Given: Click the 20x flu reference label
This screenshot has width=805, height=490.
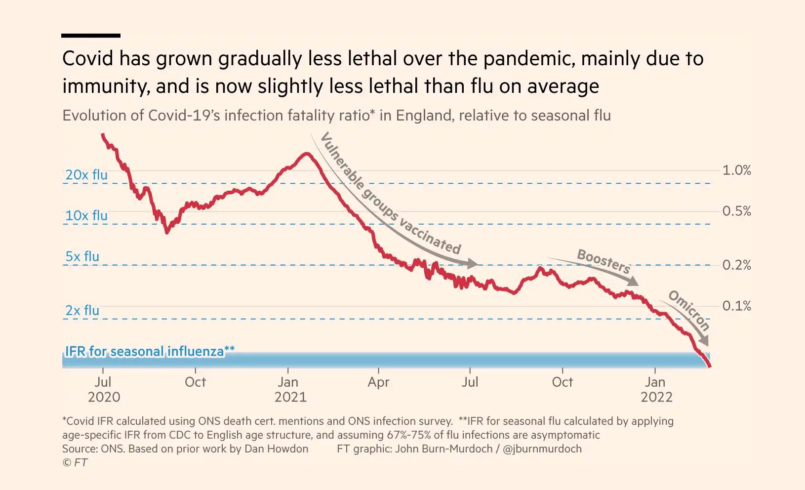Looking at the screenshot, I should tap(86, 175).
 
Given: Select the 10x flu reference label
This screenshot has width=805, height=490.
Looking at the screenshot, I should tap(86, 216).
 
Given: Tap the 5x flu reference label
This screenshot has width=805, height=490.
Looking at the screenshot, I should tap(82, 257).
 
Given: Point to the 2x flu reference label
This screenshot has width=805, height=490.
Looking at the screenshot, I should tap(82, 311).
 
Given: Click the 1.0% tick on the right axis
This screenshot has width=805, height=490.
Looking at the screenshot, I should tap(736, 170).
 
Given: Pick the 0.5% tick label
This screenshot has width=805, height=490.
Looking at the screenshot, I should tap(736, 211).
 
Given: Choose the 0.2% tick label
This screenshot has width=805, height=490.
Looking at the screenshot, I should tap(736, 265).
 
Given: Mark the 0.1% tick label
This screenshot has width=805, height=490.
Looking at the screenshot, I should tap(736, 306).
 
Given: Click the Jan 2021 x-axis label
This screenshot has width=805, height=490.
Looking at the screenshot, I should tap(290, 390).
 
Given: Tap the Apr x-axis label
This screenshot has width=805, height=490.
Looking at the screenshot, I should tap(378, 382).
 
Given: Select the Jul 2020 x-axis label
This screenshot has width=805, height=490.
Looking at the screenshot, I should tap(104, 390).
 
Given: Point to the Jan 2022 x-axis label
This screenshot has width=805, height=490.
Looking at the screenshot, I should tap(656, 390).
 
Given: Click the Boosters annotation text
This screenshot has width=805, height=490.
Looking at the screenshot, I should tap(604, 261).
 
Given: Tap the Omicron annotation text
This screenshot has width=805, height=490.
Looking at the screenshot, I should tap(689, 310).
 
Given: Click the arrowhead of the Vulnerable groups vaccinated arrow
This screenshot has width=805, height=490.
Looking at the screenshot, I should tap(473, 264).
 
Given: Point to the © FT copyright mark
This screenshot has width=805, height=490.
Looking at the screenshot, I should tap(75, 463).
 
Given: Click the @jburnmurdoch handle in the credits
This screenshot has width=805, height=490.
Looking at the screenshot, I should tap(542, 449).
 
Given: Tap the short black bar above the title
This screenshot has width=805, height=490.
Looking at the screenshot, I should tap(91, 36).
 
